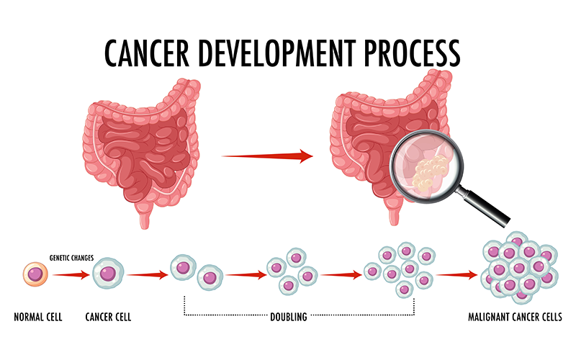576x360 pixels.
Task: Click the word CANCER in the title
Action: point(147,53)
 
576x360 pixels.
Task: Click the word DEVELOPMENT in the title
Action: point(277,53)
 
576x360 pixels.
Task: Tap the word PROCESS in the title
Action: point(412,53)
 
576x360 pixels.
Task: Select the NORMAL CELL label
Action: point(38,317)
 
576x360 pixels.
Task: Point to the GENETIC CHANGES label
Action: point(71,258)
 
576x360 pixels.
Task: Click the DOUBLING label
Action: point(289,317)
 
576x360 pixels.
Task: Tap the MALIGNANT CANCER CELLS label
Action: point(515,317)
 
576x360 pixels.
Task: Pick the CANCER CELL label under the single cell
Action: point(108,317)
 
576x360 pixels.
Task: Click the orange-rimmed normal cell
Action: point(35,274)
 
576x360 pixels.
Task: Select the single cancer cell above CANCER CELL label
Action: point(108,274)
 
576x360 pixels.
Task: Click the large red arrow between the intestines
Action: point(267,156)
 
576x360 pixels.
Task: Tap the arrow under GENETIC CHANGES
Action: point(71,275)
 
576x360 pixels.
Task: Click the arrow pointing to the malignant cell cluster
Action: point(457,274)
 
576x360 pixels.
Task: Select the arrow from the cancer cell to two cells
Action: point(148,275)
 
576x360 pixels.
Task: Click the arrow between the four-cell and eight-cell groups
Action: point(341,274)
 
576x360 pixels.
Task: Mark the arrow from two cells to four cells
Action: point(246,274)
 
